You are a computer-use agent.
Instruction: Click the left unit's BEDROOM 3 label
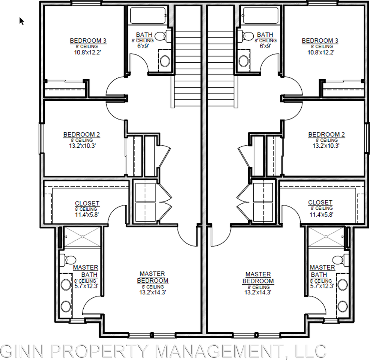tap(88, 40)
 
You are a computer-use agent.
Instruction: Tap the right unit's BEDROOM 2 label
tap(326, 134)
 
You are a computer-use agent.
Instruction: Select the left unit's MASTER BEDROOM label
tap(152, 277)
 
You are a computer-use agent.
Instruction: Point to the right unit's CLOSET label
tap(320, 202)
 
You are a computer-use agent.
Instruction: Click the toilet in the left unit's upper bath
tap(163, 36)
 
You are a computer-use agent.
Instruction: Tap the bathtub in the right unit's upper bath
tap(261, 15)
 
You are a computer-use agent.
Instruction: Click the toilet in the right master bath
tap(340, 260)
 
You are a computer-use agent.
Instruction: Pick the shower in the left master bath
tap(82, 237)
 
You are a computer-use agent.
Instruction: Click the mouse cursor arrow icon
tap(21, 21)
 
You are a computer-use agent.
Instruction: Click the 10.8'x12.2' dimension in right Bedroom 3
tap(320, 52)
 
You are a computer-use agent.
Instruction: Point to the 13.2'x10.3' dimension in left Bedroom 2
tap(82, 145)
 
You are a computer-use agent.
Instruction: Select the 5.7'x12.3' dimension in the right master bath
tap(321, 286)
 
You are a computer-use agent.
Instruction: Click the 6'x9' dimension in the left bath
tap(143, 45)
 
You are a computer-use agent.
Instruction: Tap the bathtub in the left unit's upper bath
tap(148, 15)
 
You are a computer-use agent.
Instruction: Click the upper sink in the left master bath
tap(66, 285)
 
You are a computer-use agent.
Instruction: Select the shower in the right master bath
tap(326, 237)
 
